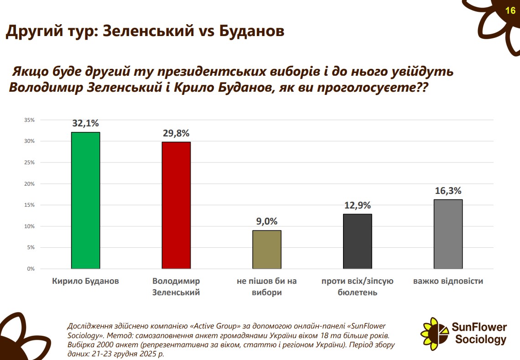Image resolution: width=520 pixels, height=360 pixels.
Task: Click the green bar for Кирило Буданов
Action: pos(85,200)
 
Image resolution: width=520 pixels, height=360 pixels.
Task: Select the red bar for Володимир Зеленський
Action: pos(176,205)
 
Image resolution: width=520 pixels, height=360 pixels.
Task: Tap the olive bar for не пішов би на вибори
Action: pos(267,249)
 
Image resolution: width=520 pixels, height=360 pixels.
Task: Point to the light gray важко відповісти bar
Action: pos(448,234)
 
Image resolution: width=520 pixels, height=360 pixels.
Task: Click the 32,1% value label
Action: pos(85,123)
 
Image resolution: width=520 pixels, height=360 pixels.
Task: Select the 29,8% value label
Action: pos(176,133)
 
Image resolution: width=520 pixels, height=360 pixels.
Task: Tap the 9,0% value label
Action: pos(267,221)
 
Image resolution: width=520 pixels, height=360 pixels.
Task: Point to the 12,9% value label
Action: pos(357,205)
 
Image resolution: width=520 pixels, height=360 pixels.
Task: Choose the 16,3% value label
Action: pos(448,191)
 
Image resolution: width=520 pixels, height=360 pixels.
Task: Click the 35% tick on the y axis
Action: pos(30,120)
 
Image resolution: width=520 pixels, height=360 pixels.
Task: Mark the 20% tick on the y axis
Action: pos(30,184)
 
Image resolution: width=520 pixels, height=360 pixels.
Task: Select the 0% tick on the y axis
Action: pos(31,269)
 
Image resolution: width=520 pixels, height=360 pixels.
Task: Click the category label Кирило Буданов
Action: pos(85,281)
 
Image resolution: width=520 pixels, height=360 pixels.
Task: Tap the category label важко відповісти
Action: pos(448,281)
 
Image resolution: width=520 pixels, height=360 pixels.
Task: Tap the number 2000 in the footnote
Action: pos(102,344)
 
